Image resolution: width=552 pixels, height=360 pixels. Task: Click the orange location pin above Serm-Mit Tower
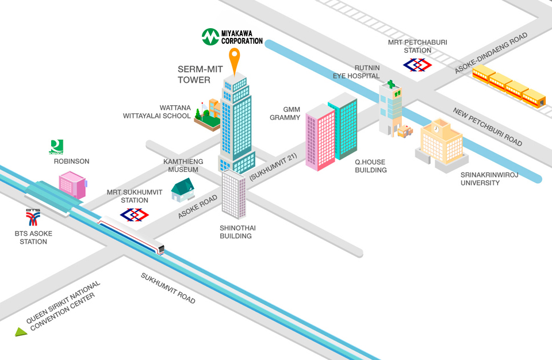(235, 60)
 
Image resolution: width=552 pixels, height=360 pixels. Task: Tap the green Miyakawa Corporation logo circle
(210, 37)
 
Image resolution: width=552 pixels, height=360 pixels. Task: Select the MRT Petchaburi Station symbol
(417, 65)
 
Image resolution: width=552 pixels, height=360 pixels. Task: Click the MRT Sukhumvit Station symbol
(134, 215)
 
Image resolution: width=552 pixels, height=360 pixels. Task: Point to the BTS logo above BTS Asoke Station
(33, 217)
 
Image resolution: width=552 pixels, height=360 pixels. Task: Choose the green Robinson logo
(56, 147)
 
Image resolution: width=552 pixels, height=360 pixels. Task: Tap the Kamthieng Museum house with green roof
(183, 190)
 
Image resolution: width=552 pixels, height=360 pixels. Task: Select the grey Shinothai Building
(234, 194)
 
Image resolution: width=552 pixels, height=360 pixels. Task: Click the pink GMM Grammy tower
(320, 137)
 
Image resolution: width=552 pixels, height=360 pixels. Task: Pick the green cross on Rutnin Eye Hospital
(391, 84)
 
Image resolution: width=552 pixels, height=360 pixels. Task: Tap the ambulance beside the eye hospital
(405, 131)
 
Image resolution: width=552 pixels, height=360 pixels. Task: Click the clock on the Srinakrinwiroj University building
(436, 129)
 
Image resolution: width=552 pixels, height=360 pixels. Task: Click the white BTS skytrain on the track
(131, 235)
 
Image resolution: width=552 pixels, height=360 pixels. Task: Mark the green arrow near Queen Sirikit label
(21, 332)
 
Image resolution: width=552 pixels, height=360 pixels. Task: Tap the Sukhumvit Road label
(168, 288)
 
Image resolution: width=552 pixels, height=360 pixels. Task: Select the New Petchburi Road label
(488, 127)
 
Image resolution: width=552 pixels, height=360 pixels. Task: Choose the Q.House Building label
(370, 166)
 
